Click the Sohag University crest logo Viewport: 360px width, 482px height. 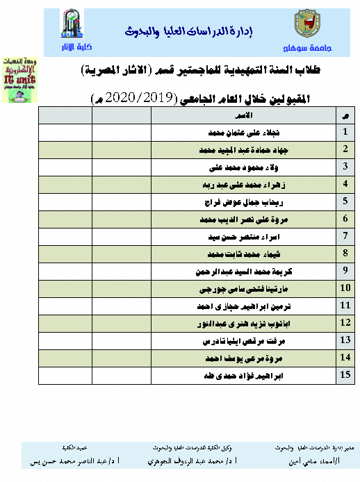pyautogui.click(x=305, y=26)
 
